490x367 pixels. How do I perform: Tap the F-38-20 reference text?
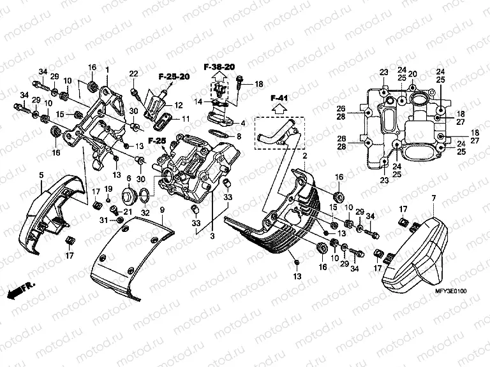(219, 67)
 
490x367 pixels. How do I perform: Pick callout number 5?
(41, 174)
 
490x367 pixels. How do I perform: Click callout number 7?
(433, 199)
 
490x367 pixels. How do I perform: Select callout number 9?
(162, 210)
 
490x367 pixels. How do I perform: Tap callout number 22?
(133, 75)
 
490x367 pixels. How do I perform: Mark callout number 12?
(179, 105)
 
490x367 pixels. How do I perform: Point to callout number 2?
(305, 156)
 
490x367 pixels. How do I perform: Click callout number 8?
(239, 136)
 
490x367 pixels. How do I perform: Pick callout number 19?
(108, 189)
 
